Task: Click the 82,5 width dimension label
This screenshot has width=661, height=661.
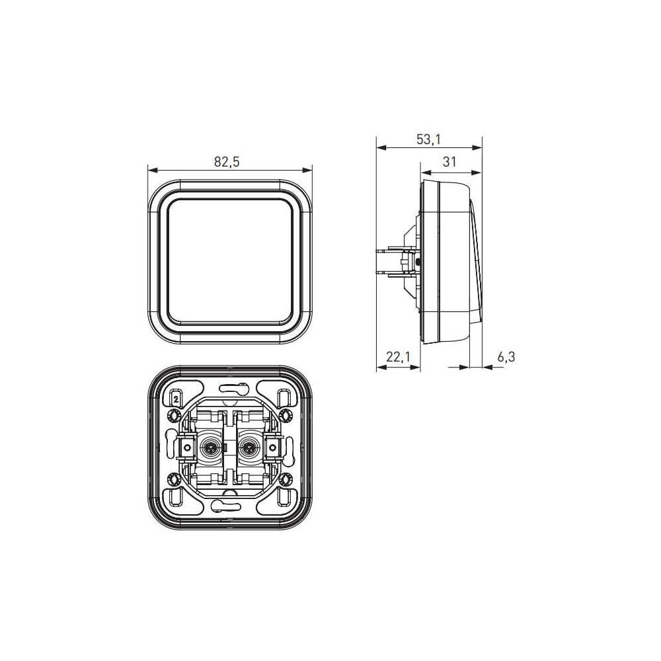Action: [227, 161]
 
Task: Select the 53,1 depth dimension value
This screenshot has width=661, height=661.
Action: [429, 139]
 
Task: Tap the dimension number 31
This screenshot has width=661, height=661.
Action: [449, 161]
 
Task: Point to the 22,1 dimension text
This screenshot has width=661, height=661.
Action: [398, 357]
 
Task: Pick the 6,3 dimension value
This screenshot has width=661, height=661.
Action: [506, 357]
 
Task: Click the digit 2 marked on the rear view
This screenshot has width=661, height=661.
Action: [176, 399]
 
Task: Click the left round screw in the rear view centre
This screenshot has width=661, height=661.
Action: [209, 447]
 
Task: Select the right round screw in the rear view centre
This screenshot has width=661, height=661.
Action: [248, 447]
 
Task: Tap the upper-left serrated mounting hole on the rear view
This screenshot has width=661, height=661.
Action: [173, 416]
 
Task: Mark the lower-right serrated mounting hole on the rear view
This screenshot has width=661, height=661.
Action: [286, 479]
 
